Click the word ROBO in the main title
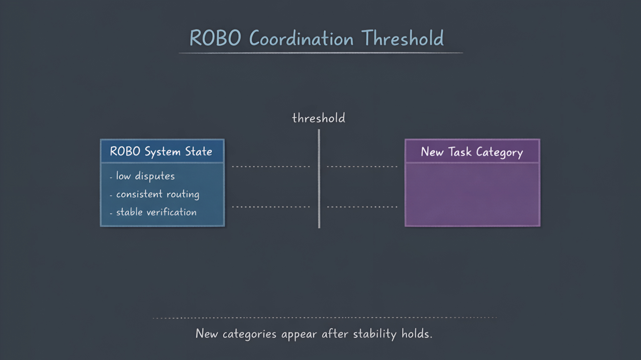pos(215,38)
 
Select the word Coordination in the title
pos(301,39)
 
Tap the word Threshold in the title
pos(403,38)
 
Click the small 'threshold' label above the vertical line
pos(319,118)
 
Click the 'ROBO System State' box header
pos(162,151)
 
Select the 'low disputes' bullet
pos(145,176)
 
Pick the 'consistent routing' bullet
pos(157,194)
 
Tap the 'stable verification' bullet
pos(156,212)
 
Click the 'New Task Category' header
pos(472,152)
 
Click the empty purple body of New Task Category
pos(472,194)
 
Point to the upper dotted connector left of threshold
pos(271,167)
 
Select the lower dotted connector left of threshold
pos(271,207)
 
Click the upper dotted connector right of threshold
pos(362,167)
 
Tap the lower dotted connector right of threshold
pos(362,207)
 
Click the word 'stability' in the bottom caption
pos(375,334)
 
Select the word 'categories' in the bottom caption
pos(249,334)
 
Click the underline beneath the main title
pos(320,53)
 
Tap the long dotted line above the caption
pos(324,318)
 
